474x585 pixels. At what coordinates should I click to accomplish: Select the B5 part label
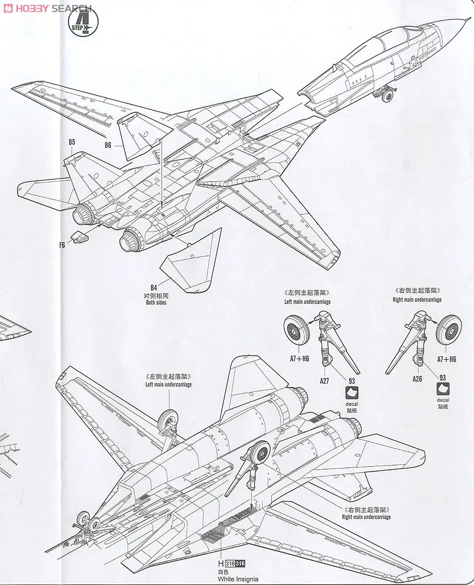(72, 142)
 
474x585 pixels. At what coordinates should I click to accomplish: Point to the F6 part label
(62, 245)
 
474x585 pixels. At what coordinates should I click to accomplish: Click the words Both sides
(156, 303)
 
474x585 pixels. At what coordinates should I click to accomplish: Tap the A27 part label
(324, 381)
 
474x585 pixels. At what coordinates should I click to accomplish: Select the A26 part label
(417, 379)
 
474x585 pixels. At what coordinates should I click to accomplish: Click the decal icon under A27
(353, 393)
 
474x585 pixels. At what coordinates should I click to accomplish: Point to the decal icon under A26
(443, 389)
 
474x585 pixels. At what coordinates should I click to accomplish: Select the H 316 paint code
(232, 563)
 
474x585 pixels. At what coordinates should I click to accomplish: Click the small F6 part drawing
(79, 238)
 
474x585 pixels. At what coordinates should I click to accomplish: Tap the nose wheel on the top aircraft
(387, 95)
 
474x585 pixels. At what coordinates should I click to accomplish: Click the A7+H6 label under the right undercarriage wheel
(446, 359)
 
